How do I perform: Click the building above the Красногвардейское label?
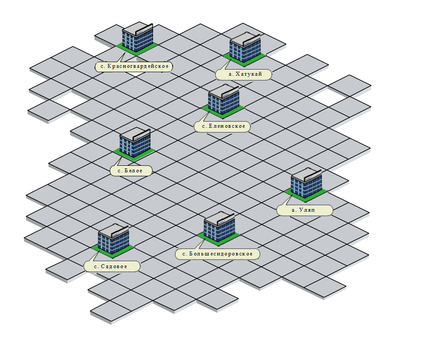tap(137, 38)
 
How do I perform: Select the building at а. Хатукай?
tap(245, 48)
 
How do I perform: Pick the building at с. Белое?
tap(135, 143)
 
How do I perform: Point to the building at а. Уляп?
tap(306, 184)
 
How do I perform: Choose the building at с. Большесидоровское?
tap(219, 227)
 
